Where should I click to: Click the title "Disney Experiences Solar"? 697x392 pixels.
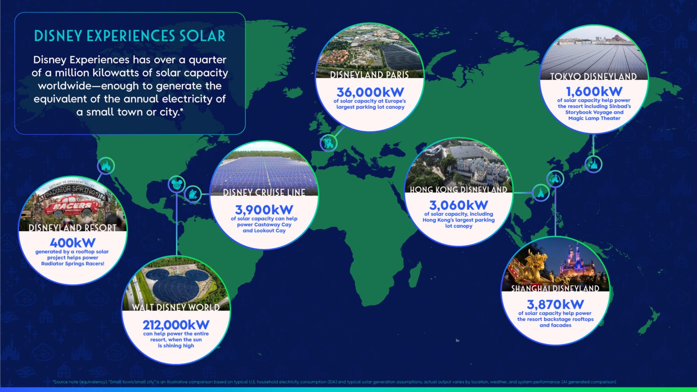[130, 36]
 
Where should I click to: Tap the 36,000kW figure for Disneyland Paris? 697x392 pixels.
[370, 92]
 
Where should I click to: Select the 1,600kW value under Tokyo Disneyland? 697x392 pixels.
[594, 91]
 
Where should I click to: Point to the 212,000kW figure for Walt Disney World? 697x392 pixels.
[176, 325]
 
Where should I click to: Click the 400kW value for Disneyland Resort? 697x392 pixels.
[72, 243]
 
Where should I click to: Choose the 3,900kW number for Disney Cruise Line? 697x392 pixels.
[264, 210]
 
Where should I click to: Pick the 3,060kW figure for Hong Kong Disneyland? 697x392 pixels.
[458, 205]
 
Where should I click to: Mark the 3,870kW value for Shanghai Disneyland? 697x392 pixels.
[555, 304]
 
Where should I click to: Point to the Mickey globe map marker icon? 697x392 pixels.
[176, 184]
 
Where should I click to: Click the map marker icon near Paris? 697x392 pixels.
[328, 142]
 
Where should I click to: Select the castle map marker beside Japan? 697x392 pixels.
[593, 164]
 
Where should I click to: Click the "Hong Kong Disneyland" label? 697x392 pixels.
[458, 189]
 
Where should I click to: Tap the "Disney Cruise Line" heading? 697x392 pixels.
[264, 193]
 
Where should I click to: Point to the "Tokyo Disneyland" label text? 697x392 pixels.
[593, 77]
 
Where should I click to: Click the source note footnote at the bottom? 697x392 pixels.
[334, 382]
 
